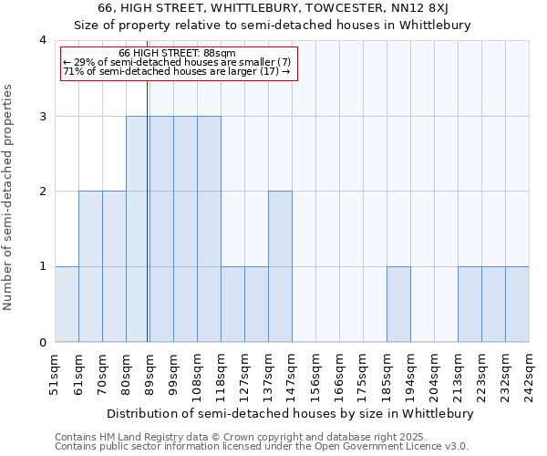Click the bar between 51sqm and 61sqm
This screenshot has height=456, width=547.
point(67,304)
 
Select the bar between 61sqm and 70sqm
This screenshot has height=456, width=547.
point(90,266)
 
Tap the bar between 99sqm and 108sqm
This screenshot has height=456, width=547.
point(185,229)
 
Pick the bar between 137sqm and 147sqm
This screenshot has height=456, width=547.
point(280,266)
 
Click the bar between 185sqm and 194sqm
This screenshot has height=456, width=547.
point(398,304)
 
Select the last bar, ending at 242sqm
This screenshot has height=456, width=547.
point(517,304)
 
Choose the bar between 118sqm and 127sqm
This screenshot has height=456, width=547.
point(232,304)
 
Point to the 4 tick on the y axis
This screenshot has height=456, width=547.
point(43,40)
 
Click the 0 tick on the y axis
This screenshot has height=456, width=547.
point(43,343)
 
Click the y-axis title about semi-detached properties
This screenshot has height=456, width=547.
point(9,197)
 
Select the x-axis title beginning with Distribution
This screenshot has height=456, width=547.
point(292,413)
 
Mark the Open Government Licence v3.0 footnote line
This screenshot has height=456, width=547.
point(261,447)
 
